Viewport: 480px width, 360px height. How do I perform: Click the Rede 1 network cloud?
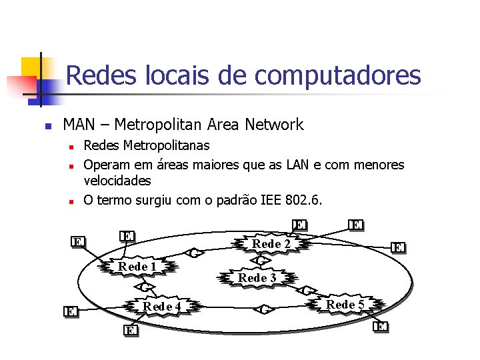tap(137, 267)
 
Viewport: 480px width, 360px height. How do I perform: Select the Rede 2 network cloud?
tap(271, 244)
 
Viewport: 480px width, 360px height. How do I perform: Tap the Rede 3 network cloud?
tap(257, 277)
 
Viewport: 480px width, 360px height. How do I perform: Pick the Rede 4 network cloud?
tap(163, 306)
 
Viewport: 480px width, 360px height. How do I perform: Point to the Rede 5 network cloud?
tap(345, 305)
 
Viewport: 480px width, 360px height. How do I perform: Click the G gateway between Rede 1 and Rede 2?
tap(195, 253)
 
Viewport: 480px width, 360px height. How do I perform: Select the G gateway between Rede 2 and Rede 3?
tap(263, 261)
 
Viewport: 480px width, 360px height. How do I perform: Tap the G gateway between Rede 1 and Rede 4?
tap(145, 287)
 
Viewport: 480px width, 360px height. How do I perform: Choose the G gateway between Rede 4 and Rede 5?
tap(264, 309)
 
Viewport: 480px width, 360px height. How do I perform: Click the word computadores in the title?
tap(338, 75)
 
